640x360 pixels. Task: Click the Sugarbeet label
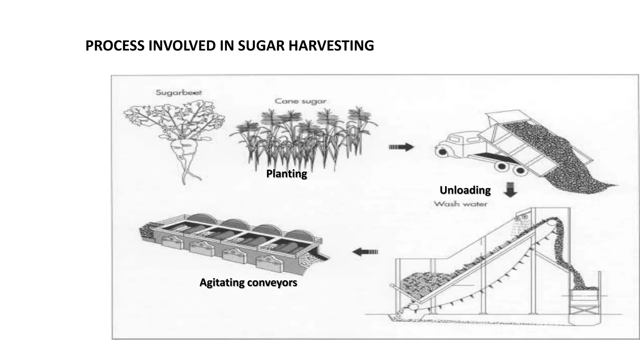click(179, 92)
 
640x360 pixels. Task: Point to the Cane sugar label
click(300, 101)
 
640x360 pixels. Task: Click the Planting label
click(286, 173)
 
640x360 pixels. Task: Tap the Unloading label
click(465, 190)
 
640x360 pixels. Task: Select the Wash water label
click(460, 204)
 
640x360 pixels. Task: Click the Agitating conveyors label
click(248, 282)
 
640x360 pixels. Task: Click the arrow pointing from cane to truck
click(401, 147)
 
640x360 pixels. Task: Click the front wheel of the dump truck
click(442, 152)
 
